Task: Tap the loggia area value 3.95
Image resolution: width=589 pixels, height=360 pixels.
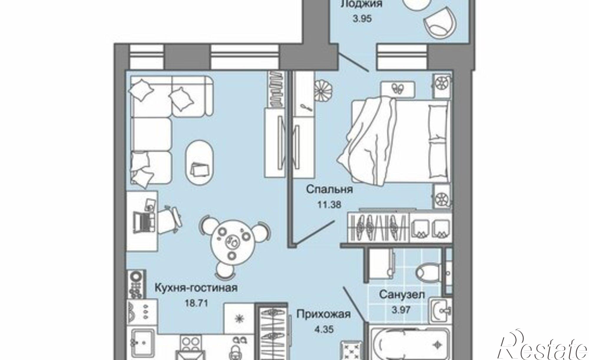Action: click(x=362, y=19)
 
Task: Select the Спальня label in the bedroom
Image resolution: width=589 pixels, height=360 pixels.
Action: click(x=329, y=189)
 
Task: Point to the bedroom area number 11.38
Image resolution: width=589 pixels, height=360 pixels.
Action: click(x=329, y=204)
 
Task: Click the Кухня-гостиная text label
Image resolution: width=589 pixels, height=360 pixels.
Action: click(x=196, y=288)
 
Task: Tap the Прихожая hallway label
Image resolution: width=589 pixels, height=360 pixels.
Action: click(x=323, y=314)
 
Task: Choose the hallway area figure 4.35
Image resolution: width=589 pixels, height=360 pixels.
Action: click(x=323, y=329)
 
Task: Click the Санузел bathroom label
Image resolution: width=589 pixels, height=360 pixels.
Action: click(x=402, y=294)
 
